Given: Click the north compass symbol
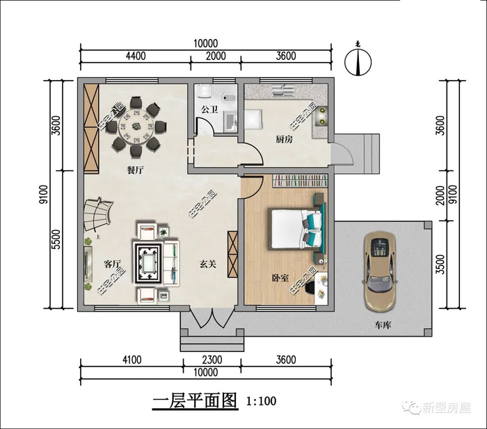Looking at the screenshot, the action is point(358,61).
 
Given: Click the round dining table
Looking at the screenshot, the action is point(136,127).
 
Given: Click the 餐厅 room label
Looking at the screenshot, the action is point(136,170).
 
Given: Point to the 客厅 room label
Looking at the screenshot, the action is point(112,264).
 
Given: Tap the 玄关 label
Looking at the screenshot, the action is point(207,264).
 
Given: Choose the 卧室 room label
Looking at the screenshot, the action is point(280,278).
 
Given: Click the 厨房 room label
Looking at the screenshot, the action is point(284,139).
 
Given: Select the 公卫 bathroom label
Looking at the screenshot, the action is point(209,109).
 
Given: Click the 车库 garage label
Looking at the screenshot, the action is point(383,325).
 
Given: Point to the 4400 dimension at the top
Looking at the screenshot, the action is point(136,56).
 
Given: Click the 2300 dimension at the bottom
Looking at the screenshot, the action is point(212,359).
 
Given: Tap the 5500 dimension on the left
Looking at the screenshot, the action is point(56,240).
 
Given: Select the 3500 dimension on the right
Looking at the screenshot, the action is point(440,264).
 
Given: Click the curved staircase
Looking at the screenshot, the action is point(97,214).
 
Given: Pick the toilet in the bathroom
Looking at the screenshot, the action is point(229,98).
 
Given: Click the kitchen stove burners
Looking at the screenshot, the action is point(322,115).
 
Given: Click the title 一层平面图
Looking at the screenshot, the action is point(195,401).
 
